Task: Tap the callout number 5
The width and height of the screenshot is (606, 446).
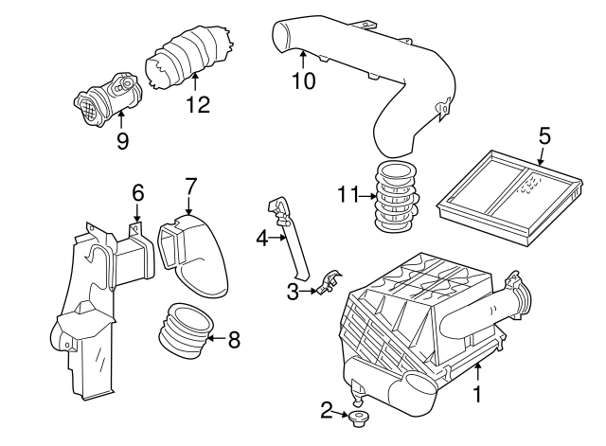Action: coord(544,134)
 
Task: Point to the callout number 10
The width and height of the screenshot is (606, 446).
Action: coord(302,80)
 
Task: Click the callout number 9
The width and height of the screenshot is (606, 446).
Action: coord(121,142)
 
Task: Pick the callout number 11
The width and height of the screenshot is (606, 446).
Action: coord(347,196)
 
